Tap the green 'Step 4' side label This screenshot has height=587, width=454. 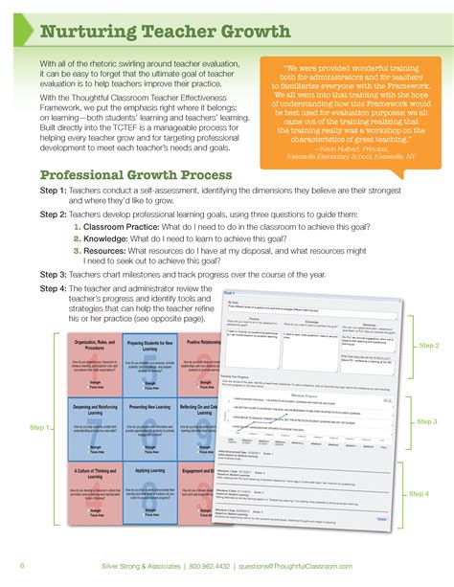pyautogui.click(x=420, y=493)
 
